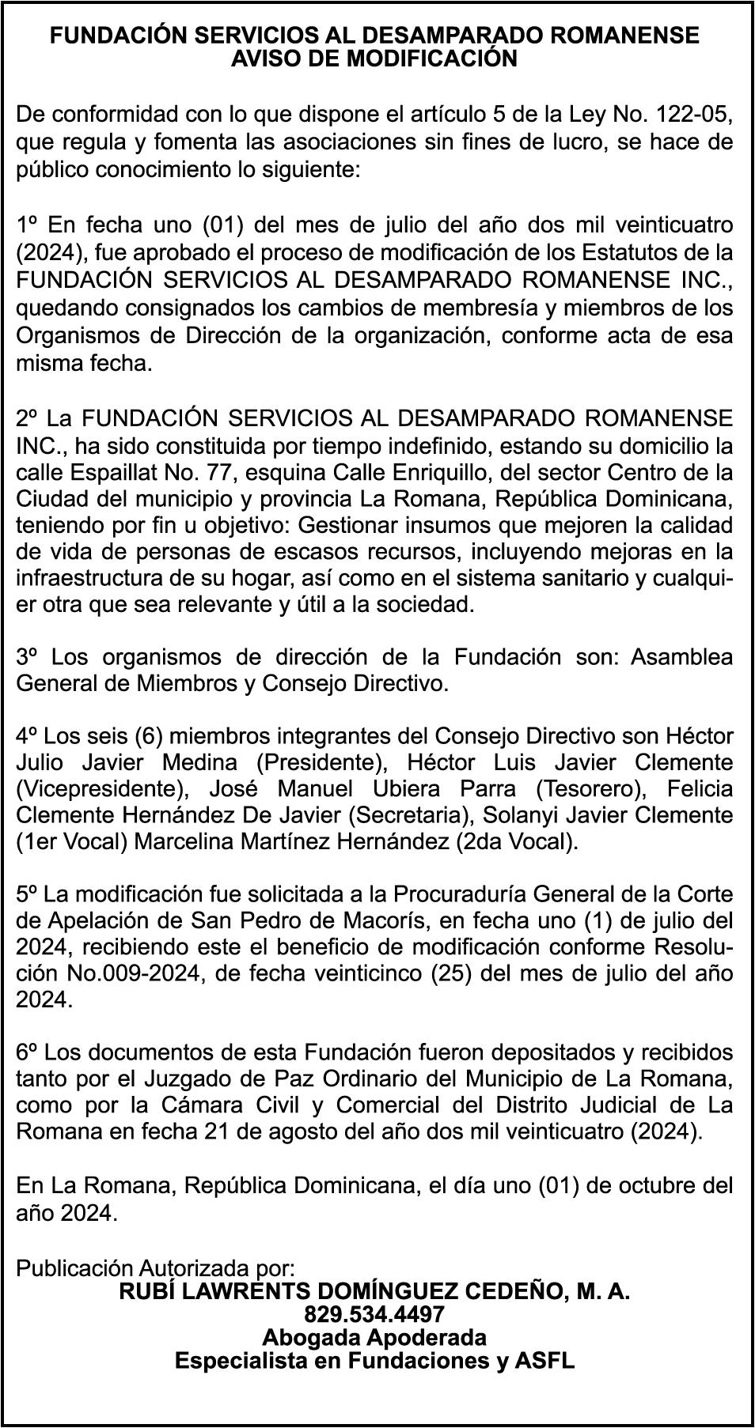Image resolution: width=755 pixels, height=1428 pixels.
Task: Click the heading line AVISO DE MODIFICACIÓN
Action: point(374,59)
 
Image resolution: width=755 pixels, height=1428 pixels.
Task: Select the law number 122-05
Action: point(689,115)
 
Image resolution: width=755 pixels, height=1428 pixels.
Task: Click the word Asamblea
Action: point(681,658)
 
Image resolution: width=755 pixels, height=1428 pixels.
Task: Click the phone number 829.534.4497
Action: point(374,1315)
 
